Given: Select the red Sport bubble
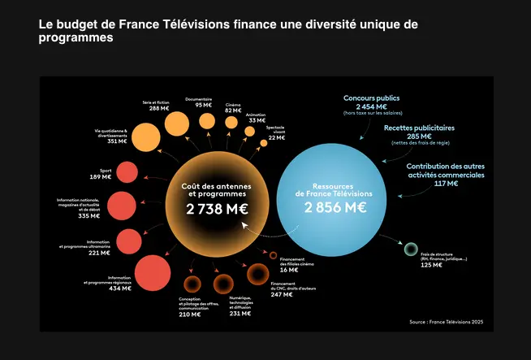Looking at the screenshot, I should coord(127,171).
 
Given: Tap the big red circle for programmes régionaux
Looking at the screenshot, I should coord(150,271).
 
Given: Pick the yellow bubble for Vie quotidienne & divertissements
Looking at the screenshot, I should coord(145,137).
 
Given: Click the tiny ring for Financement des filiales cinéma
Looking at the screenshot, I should coord(274,254).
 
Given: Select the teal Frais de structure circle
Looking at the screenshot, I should coord(411,249).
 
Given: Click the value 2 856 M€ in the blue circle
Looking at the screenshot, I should coord(335,206).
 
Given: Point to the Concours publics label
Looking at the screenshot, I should coord(371,98).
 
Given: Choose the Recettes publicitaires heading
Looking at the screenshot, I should coord(419,128).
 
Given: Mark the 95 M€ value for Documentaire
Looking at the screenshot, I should coord(203,105).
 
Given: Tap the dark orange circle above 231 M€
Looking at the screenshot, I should coord(223,284).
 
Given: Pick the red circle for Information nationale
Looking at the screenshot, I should coord(121,204).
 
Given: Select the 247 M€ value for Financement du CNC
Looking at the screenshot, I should coord(282,294).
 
